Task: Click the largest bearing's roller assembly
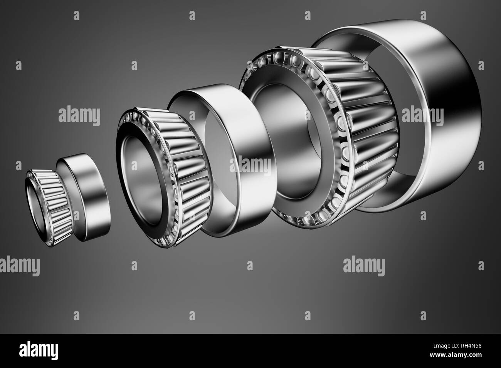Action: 362,127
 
